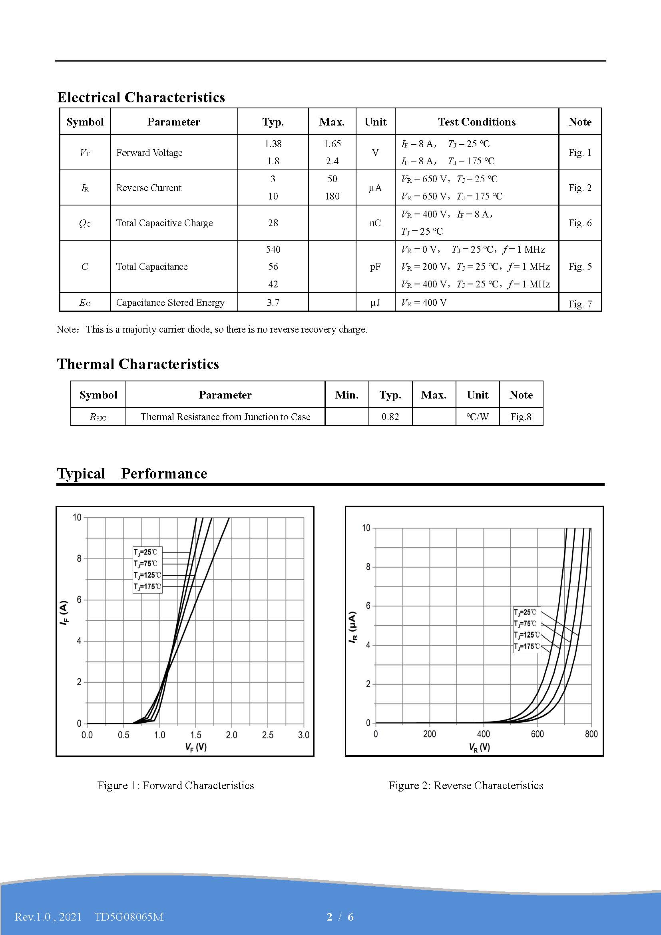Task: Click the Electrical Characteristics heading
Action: pos(141,97)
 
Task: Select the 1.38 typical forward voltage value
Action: pos(273,144)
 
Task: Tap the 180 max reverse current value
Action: pos(332,196)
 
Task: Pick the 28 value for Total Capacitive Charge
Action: pos(273,223)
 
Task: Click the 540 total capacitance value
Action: pos(273,249)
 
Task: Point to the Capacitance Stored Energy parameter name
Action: pos(170,303)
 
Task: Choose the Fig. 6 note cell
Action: pos(579,223)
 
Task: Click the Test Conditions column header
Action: pos(477,122)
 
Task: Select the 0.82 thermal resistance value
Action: pos(390,417)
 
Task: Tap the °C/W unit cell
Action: pos(478,417)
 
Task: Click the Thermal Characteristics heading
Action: pos(138,364)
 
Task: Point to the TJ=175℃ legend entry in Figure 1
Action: pos(147,587)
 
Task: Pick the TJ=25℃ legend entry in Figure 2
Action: pos(525,612)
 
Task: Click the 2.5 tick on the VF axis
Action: pos(268,735)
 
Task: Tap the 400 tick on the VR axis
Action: pos(484,734)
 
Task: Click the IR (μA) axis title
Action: pos(353,627)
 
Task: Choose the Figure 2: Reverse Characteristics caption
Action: pos(466,785)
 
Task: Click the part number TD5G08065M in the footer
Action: pos(129,917)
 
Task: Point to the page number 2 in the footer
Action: pos(329,917)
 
